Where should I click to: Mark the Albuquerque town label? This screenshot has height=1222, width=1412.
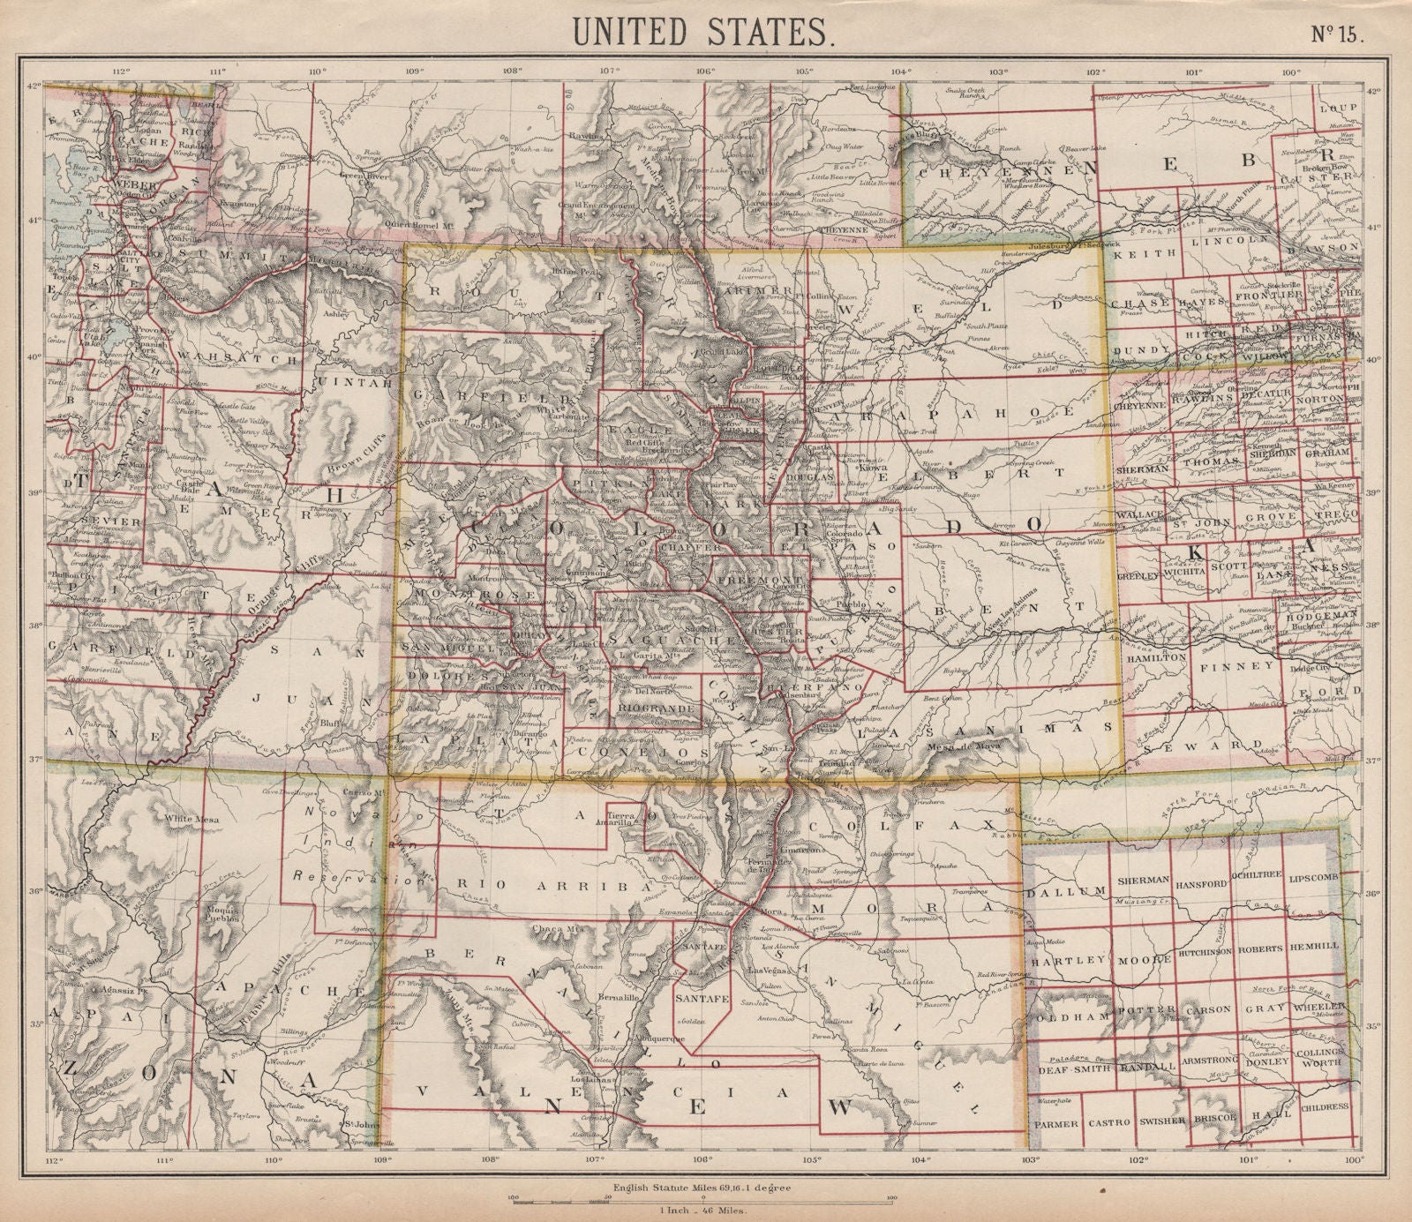(658, 1039)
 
